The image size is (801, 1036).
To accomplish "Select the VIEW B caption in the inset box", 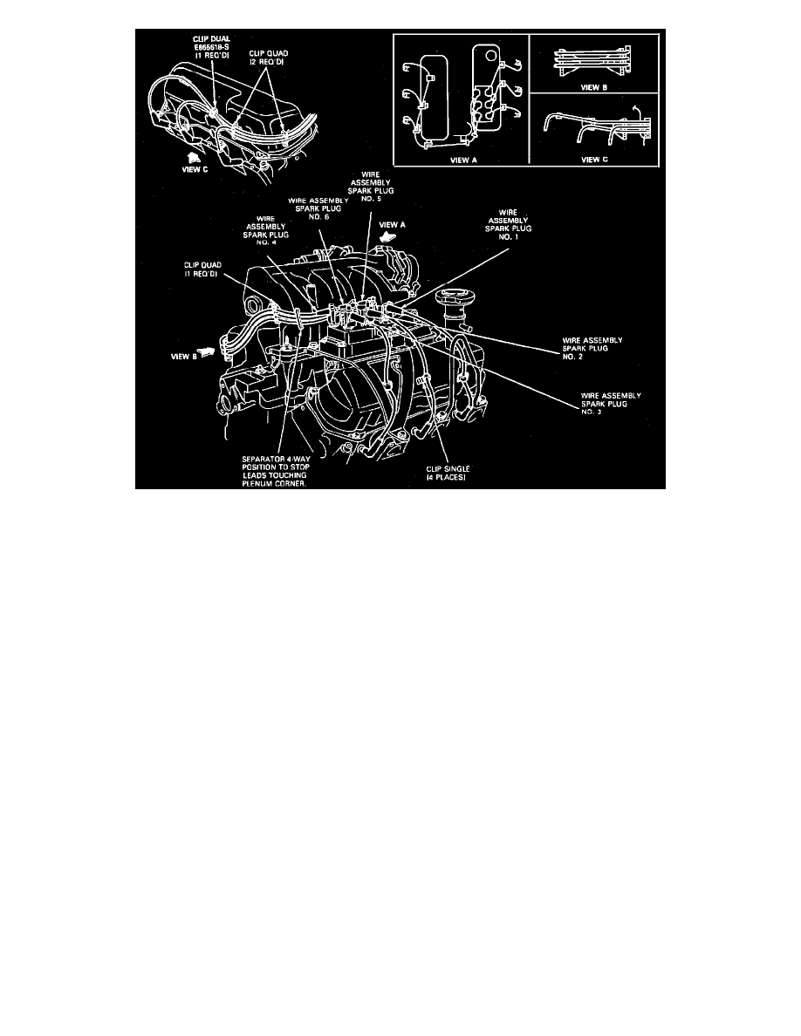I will pyautogui.click(x=594, y=88).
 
